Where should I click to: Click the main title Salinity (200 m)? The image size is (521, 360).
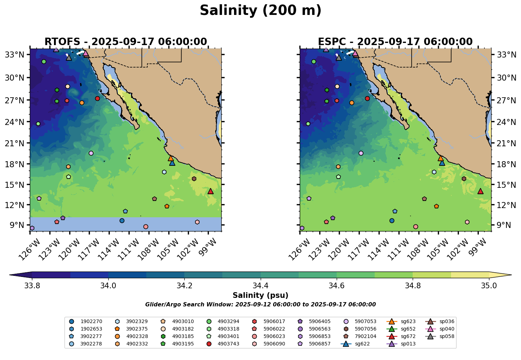point(260,11)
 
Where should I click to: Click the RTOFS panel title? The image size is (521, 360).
point(125,42)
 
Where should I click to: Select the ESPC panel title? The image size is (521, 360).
point(395,42)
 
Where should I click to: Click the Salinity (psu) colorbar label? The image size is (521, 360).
point(260,295)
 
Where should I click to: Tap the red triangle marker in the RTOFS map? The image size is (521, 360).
point(211,191)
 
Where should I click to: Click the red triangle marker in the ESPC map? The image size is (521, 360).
point(481,191)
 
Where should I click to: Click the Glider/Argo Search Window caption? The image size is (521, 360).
point(260,305)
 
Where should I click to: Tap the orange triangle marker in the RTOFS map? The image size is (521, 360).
point(171,158)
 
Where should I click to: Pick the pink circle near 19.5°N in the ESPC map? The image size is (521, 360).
point(361,153)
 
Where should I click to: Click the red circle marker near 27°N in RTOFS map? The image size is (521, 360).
point(97,98)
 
